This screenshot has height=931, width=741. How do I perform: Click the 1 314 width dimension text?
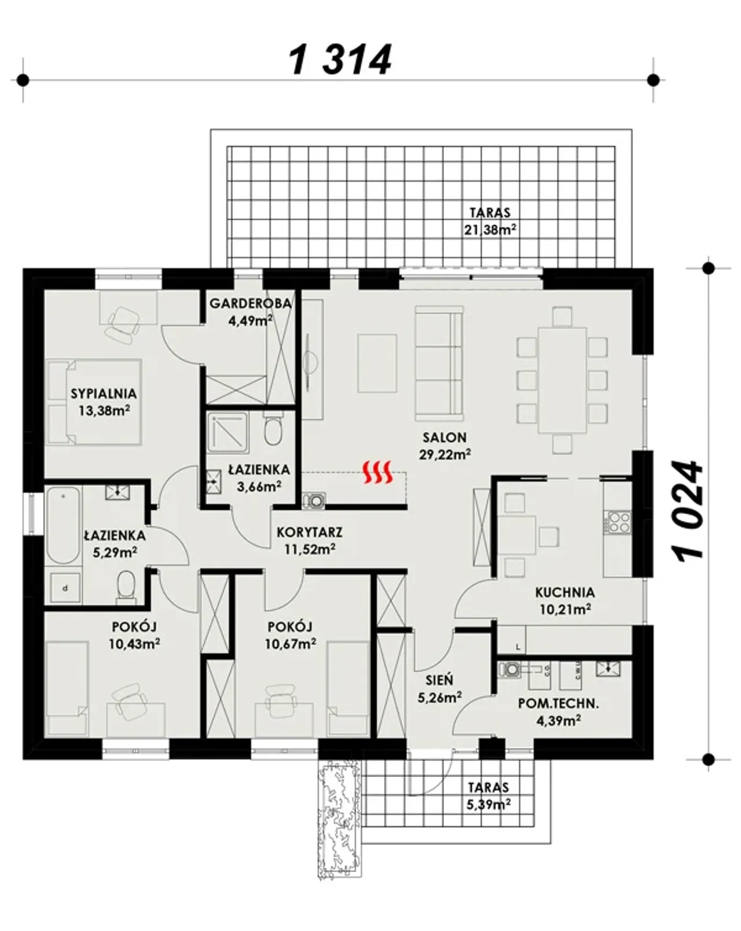340,59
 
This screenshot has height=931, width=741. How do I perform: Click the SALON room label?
445,437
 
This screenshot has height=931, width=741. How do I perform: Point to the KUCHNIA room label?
565,592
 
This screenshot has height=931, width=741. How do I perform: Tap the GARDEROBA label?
250,303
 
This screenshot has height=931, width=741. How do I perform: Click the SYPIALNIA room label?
104,393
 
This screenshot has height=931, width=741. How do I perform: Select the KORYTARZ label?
310,532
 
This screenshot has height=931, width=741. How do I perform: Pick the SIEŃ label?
439,679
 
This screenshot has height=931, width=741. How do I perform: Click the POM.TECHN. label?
558,704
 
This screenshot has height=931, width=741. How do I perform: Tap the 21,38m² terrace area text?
490,229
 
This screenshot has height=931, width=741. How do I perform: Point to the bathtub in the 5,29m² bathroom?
63,525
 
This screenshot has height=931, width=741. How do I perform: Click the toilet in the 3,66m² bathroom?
273,429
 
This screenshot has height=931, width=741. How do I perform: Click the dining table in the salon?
562,380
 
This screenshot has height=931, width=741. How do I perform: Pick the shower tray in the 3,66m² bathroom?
228,433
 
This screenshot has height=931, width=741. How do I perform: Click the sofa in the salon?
439,363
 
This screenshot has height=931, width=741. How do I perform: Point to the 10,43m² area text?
135,644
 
